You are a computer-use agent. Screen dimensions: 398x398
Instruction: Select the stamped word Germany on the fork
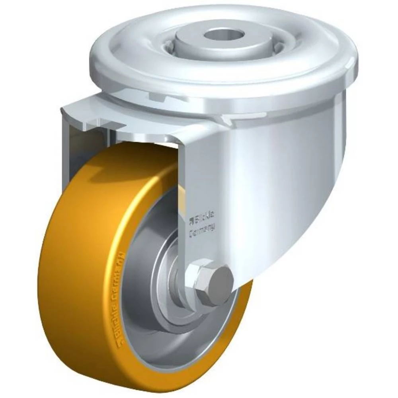point(202,228)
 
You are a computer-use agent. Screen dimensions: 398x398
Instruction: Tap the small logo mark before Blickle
point(190,218)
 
